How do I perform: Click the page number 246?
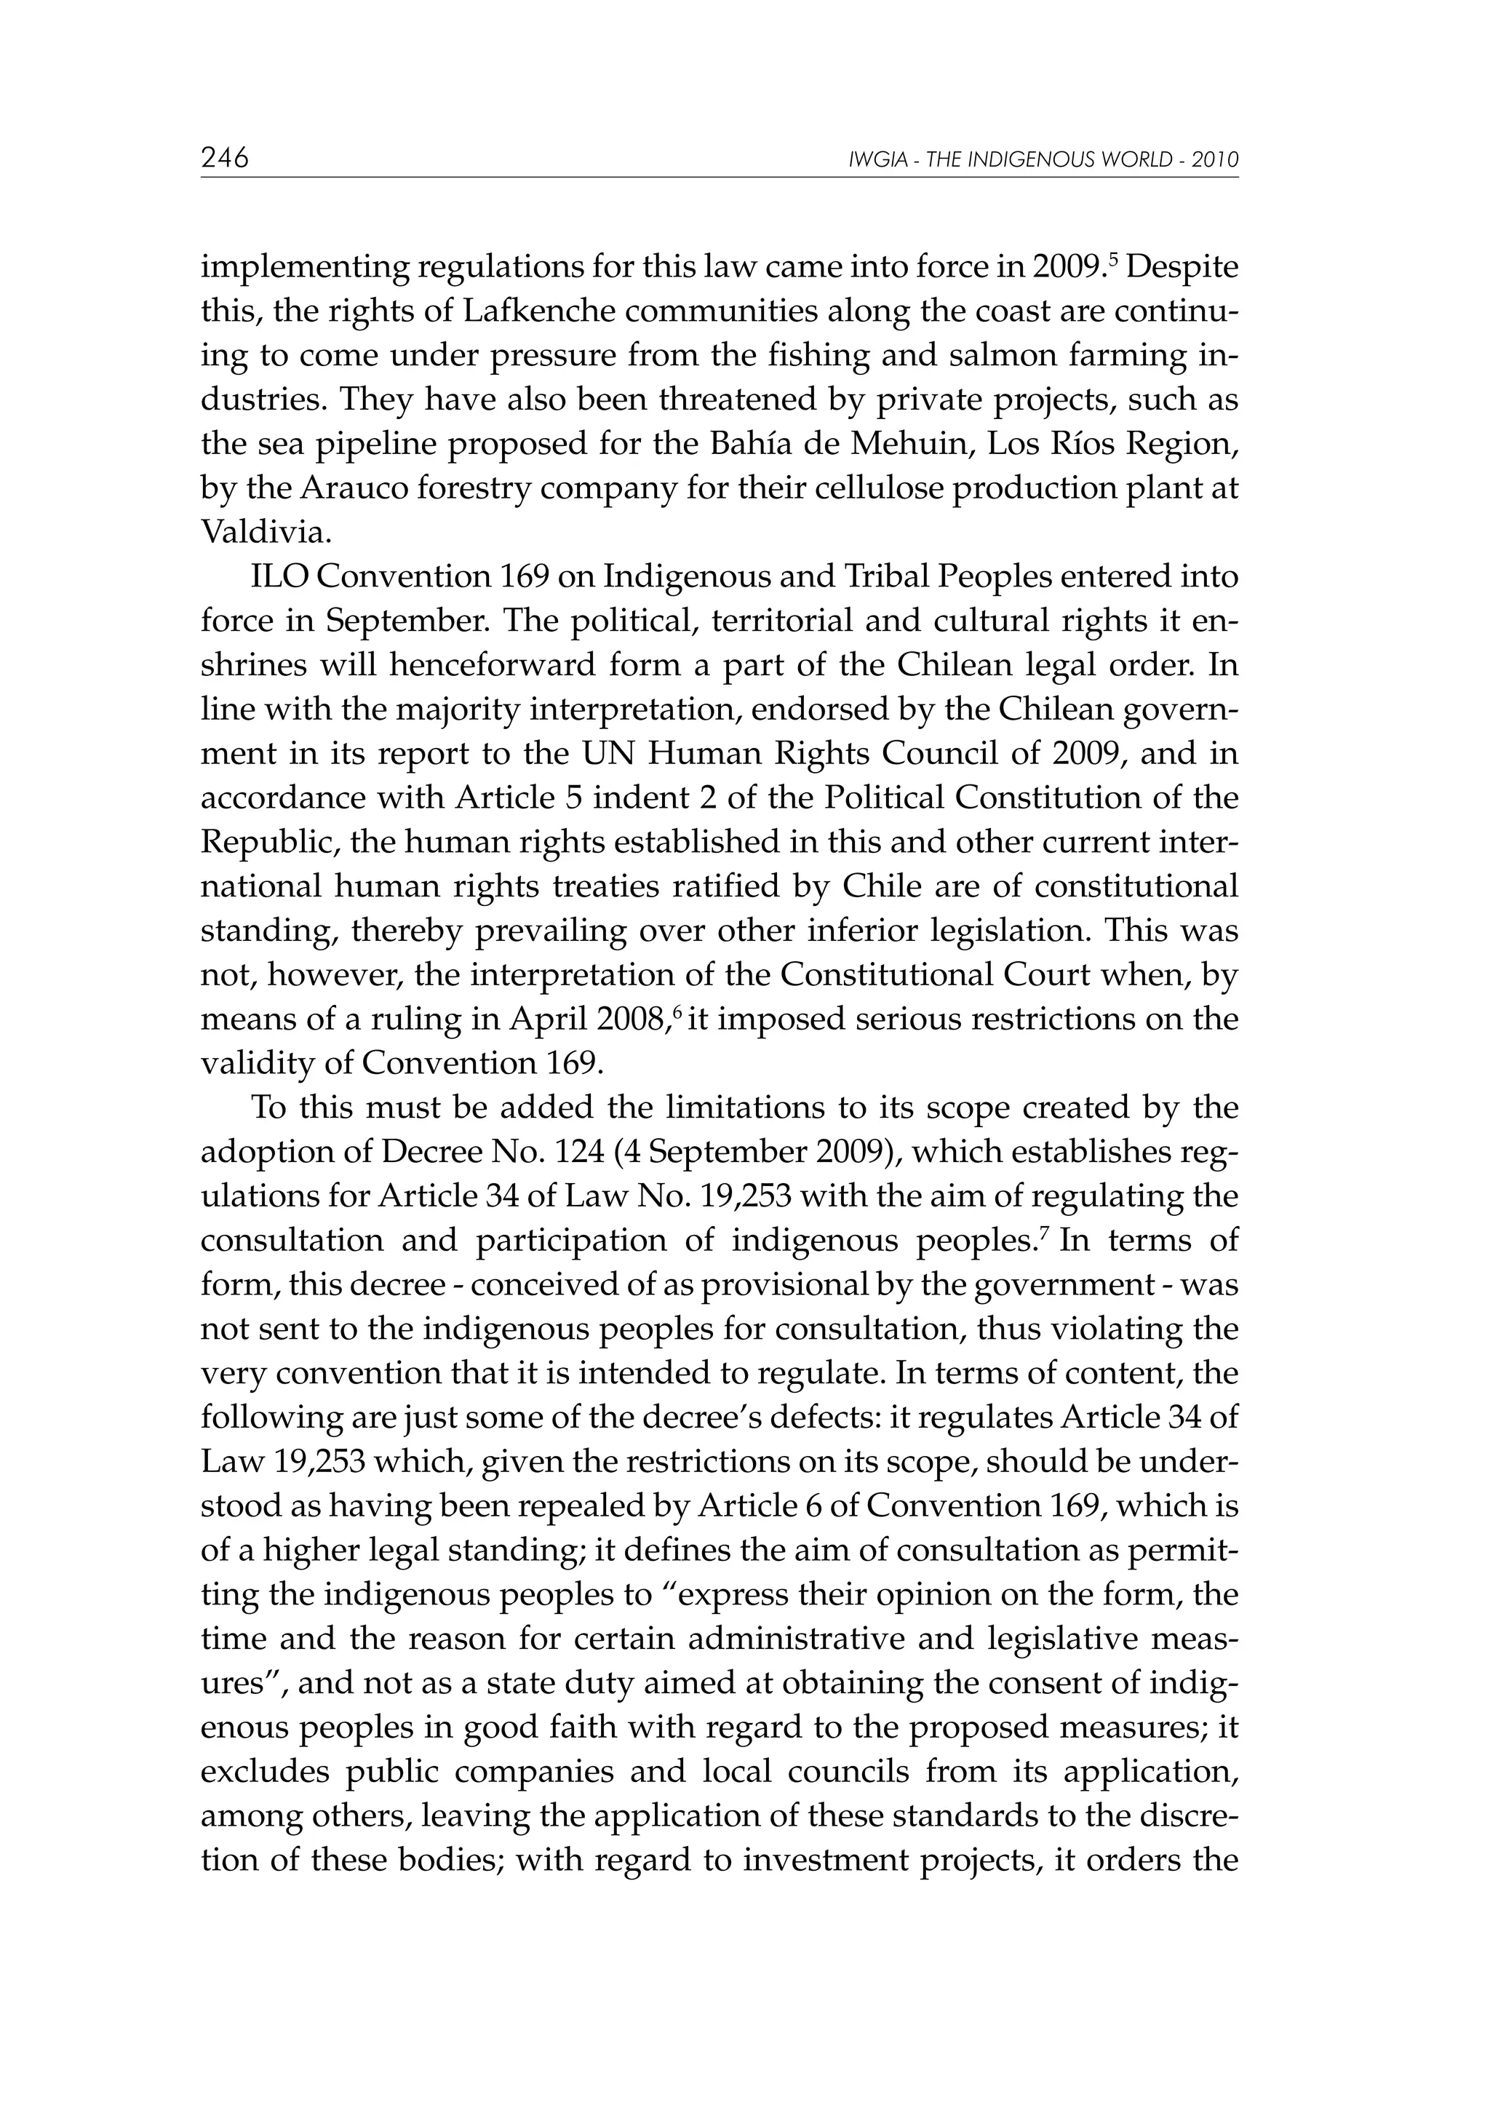pos(225,159)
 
